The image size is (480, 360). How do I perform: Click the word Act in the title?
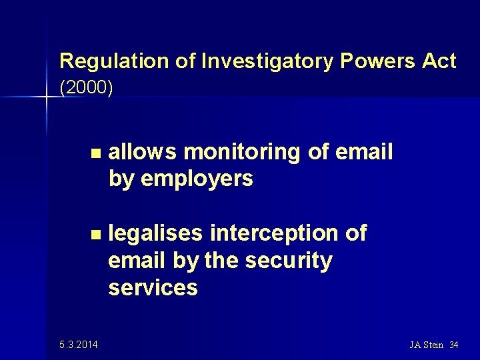pyautogui.click(x=439, y=61)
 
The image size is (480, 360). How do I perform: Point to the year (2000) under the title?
pyautogui.click(x=86, y=88)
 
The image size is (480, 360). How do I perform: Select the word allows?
pyautogui.click(x=143, y=152)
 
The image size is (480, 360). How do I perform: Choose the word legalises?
pyautogui.click(x=156, y=233)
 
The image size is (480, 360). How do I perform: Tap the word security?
pyautogui.click(x=288, y=261)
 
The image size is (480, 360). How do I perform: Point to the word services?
pyautogui.click(x=153, y=287)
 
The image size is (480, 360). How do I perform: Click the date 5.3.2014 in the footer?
pyautogui.click(x=77, y=345)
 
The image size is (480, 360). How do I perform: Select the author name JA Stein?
pyautogui.click(x=427, y=345)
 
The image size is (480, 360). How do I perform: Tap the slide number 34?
pyautogui.click(x=455, y=345)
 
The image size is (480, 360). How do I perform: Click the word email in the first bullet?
pyautogui.click(x=364, y=152)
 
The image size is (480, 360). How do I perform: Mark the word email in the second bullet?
pyautogui.click(x=137, y=261)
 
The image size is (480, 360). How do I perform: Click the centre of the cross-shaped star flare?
pyautogui.click(x=47, y=98)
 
